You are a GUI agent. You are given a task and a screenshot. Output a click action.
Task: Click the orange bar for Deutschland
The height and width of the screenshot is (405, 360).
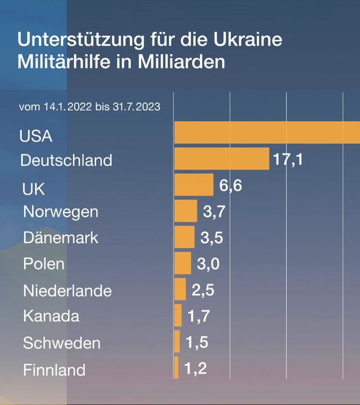[222, 159]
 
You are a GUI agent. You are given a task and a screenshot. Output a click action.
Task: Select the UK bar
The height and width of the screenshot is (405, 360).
[194, 184]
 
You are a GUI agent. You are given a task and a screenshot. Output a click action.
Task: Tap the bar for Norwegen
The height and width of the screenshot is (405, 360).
[186, 211]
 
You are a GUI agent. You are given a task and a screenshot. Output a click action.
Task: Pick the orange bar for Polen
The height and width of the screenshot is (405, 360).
[183, 263]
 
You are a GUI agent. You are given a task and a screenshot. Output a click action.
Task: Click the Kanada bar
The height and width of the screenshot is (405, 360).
[178, 315]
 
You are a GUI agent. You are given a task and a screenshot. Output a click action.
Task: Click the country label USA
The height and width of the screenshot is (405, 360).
[35, 137]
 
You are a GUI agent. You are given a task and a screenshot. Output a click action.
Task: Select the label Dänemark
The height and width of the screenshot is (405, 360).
[61, 237]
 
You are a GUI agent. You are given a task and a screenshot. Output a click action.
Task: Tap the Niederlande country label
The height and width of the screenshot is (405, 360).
[67, 291]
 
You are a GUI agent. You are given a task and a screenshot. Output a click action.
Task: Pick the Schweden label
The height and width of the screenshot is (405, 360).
[62, 343]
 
